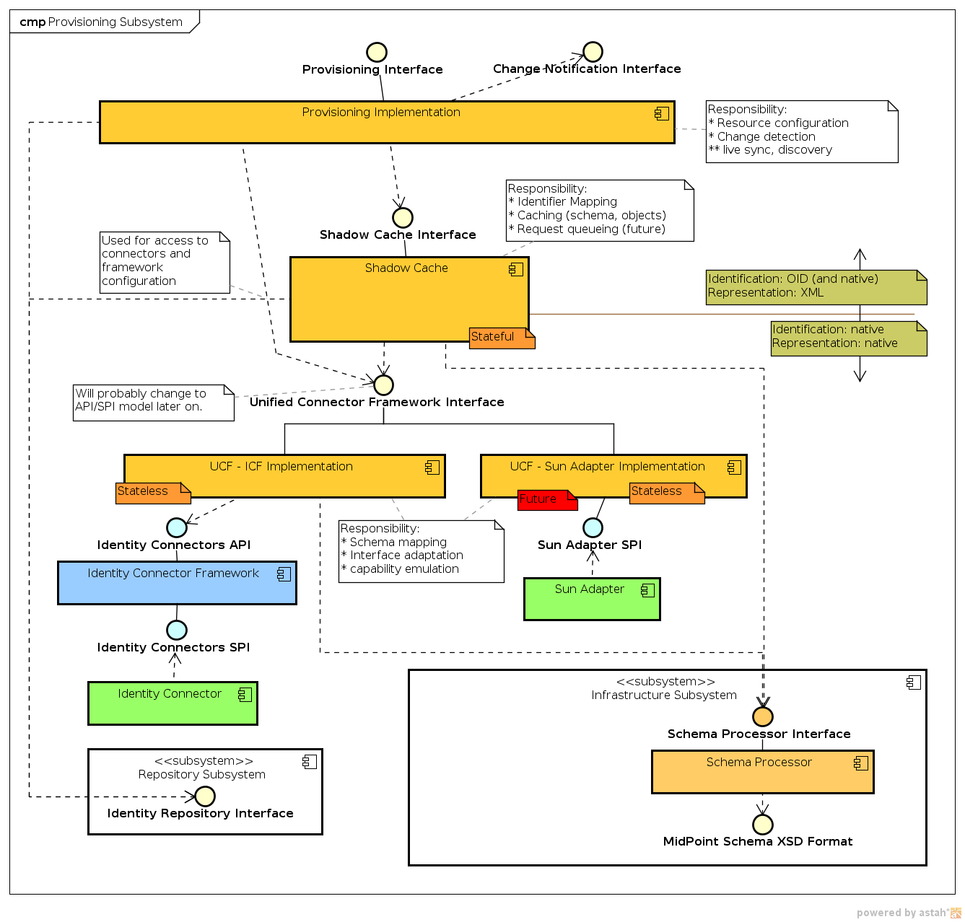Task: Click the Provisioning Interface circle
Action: tap(376, 52)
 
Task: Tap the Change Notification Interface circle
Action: tap(593, 52)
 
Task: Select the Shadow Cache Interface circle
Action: tap(402, 217)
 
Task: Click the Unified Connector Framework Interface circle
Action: tap(383, 385)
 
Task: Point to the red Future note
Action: tap(547, 499)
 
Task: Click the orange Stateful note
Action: tap(502, 338)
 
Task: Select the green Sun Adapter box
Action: tap(591, 599)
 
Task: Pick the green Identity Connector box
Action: tap(173, 703)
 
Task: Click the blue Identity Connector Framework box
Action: tap(177, 583)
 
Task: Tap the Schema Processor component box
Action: tap(762, 772)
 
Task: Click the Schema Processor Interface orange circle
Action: tap(762, 716)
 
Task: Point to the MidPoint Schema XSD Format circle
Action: tap(762, 824)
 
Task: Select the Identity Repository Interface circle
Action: tap(205, 796)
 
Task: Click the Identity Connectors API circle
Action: tap(177, 527)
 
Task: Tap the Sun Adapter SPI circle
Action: tap(592, 527)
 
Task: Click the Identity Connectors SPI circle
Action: tap(177, 630)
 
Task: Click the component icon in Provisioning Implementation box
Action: tap(661, 113)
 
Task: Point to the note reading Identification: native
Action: tap(849, 338)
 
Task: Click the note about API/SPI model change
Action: tap(154, 403)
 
